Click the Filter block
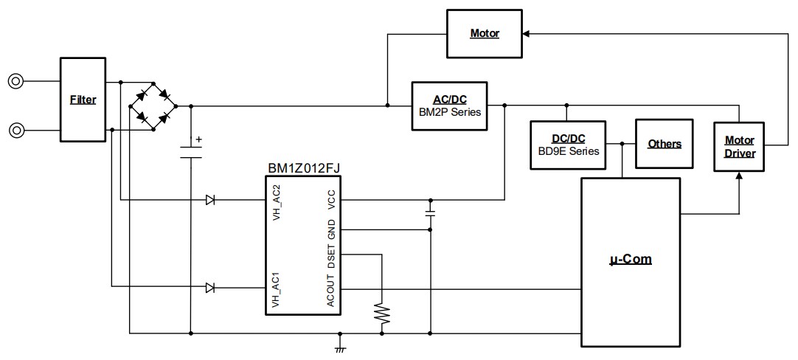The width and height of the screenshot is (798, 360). coord(83,99)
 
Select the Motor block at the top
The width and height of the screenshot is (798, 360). coord(485,34)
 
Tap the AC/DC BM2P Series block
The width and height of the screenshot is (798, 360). coord(449,105)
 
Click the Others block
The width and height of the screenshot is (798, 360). coord(664,144)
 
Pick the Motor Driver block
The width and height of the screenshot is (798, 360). coord(739,146)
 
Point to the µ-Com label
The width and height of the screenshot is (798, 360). coord(631,260)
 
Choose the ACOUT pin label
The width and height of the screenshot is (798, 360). coord(331,289)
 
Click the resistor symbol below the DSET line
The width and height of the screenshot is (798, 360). coord(381,313)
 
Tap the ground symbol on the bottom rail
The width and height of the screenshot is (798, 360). coord(340,346)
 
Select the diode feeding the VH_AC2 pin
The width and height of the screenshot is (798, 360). coord(210,199)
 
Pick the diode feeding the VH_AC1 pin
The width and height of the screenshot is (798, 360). coord(210,288)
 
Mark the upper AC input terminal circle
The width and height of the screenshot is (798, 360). coord(15,81)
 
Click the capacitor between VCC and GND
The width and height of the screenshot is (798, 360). coord(430,213)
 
